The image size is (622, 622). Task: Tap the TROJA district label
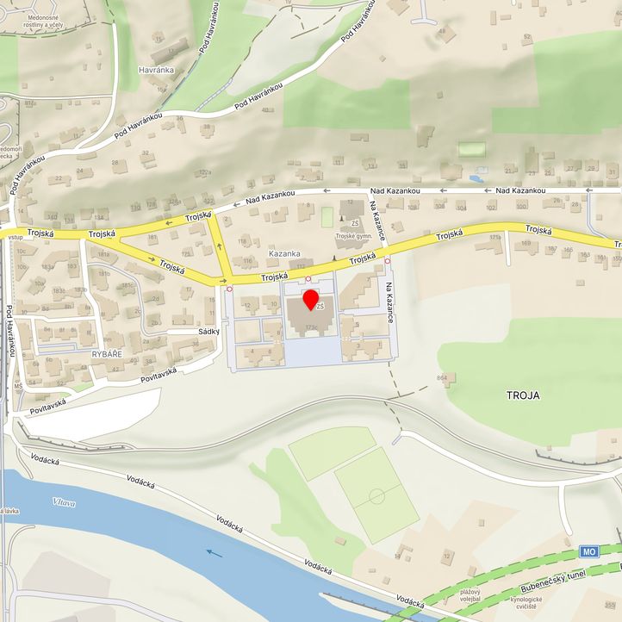(x=523, y=395)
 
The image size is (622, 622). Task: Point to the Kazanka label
(x=284, y=254)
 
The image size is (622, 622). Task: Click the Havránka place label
(x=158, y=70)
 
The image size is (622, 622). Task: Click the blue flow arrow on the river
(x=214, y=553)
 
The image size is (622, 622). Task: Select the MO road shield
(x=589, y=551)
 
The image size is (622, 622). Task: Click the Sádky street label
(x=209, y=331)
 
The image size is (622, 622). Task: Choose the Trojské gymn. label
(x=356, y=235)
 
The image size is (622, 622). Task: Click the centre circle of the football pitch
(x=376, y=496)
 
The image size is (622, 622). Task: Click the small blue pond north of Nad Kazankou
(x=476, y=179)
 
